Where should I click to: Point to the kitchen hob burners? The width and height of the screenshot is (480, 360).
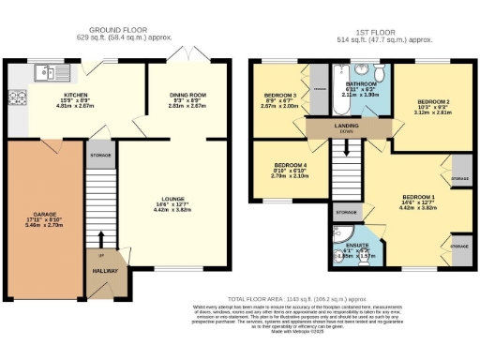[17, 96]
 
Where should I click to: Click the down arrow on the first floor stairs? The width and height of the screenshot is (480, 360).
[346, 146]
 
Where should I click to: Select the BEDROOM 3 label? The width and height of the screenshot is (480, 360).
[280, 96]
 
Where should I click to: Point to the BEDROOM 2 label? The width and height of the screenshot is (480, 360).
[433, 101]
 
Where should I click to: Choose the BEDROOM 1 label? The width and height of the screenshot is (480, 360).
[413, 196]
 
